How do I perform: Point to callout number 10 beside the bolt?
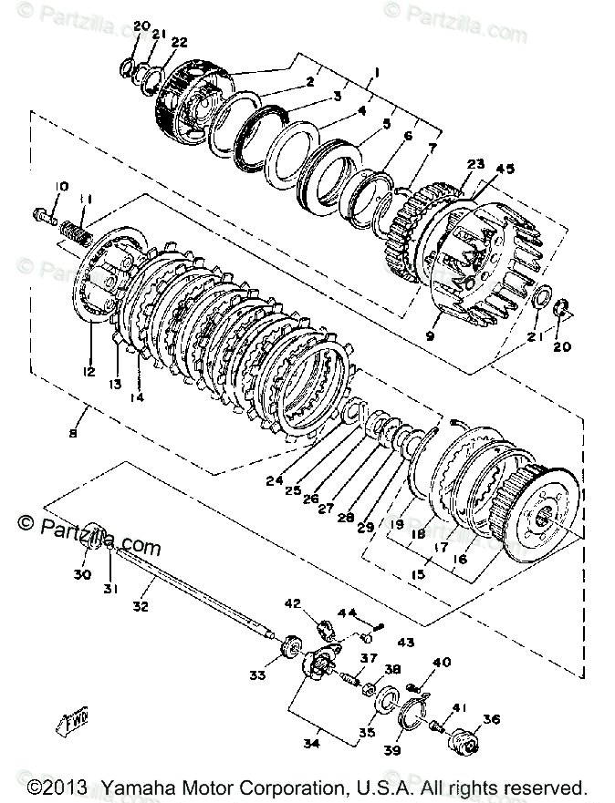[60, 187]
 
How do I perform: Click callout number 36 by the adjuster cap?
[492, 719]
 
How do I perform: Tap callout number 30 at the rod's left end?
[82, 575]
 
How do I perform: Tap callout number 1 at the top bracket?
[376, 72]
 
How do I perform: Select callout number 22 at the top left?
[179, 42]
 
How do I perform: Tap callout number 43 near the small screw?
[405, 643]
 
